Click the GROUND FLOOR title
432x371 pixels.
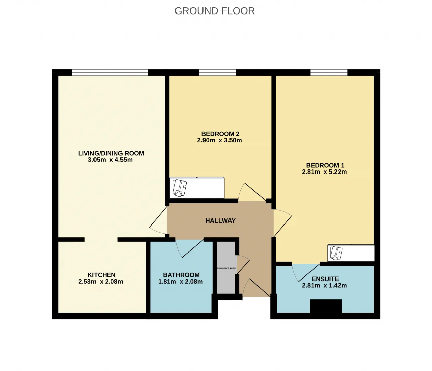pos(215,11)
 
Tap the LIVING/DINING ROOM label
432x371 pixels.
pos(111,153)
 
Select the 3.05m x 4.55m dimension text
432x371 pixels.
pos(110,160)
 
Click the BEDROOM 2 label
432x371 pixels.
pos(220,134)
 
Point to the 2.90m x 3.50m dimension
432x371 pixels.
pos(219,140)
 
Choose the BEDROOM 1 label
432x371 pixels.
pos(325,165)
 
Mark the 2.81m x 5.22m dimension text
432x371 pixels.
pos(324,172)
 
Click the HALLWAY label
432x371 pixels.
pos(220,221)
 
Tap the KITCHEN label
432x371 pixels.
pos(102,275)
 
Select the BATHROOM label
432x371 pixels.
pos(181,275)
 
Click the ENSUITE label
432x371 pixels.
pos(325,279)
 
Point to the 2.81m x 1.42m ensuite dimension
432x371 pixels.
pos(324,285)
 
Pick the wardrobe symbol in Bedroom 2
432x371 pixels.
pos(197,188)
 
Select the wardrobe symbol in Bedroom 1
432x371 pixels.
pos(351,253)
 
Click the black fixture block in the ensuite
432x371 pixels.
pos(326,306)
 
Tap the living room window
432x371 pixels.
pos(110,72)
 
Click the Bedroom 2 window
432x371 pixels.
pos(217,72)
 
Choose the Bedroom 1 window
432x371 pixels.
pos(329,72)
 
